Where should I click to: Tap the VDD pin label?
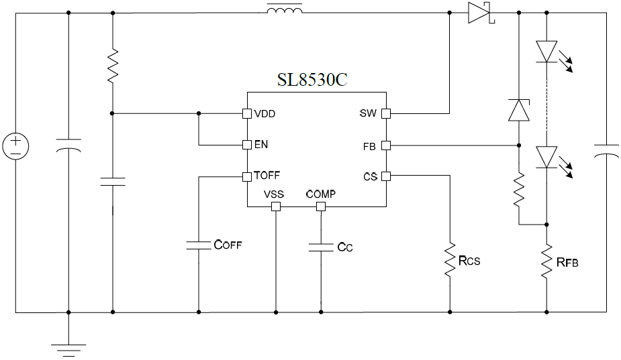(x=265, y=113)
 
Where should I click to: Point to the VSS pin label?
(x=274, y=194)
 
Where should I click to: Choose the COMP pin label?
(x=320, y=194)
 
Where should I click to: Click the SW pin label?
(x=368, y=113)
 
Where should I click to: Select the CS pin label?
(x=369, y=176)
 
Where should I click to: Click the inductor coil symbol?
(x=285, y=9)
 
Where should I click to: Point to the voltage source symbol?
(x=15, y=146)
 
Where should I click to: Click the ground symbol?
(x=68, y=348)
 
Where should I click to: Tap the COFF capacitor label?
(x=227, y=245)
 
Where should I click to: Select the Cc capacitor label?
(x=344, y=247)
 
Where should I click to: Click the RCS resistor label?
(x=469, y=260)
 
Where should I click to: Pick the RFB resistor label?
(x=567, y=261)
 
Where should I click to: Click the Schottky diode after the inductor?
(x=481, y=13)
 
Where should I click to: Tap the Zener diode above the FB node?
(x=518, y=109)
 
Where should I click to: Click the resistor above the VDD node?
(x=112, y=66)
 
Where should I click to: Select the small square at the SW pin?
(x=386, y=113)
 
